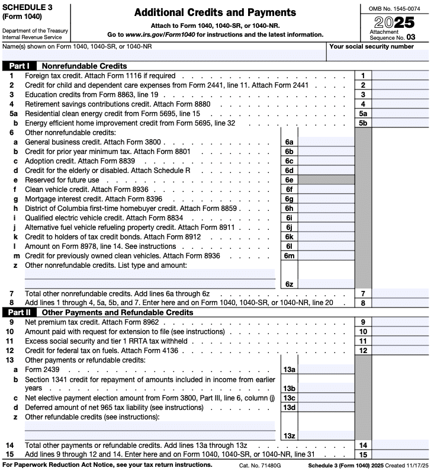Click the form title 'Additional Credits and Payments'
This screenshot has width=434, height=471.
click(x=215, y=12)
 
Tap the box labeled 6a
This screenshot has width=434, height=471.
click(x=289, y=142)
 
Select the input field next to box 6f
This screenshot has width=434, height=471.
click(x=326, y=190)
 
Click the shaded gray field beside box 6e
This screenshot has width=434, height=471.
click(x=326, y=180)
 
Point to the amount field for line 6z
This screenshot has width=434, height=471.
click(x=326, y=284)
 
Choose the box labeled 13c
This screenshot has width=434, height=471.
click(x=289, y=398)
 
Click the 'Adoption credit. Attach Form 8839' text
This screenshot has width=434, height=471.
click(x=80, y=161)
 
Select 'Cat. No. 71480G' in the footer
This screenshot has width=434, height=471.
click(x=260, y=465)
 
